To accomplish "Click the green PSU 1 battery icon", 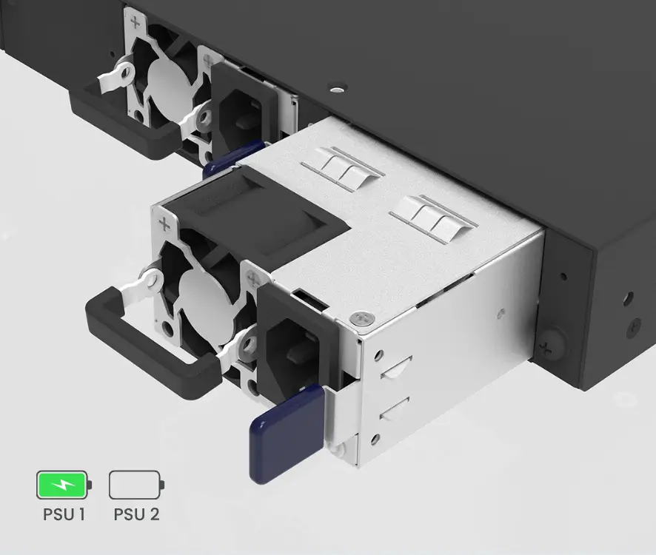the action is [x=64, y=485].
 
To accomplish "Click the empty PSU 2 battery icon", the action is [x=136, y=485].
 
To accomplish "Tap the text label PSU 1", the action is [x=64, y=514].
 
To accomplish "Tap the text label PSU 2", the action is [x=136, y=514].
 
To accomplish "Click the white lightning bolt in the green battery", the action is [x=62, y=485].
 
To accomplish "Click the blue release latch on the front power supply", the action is [x=287, y=434].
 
